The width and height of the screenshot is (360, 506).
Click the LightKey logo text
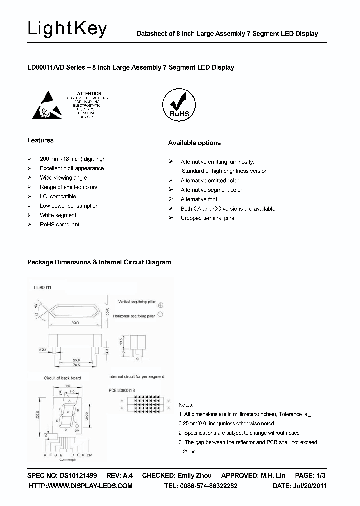pos(67,29)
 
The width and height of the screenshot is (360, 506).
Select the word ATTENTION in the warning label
pos(90,94)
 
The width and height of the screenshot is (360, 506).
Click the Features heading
pos(40,140)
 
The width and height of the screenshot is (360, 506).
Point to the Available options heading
pos(194,143)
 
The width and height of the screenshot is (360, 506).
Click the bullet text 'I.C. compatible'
pos(58,196)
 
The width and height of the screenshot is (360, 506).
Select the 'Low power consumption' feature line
pos(69,206)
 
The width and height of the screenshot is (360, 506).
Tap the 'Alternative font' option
pos(199,199)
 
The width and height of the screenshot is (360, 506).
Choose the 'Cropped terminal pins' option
pos(207,218)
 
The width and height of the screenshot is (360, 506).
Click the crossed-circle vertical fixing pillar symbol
pos(161,304)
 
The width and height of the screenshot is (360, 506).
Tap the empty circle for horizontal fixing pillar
pos(161,315)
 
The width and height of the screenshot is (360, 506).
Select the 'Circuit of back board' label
pos(63,378)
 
